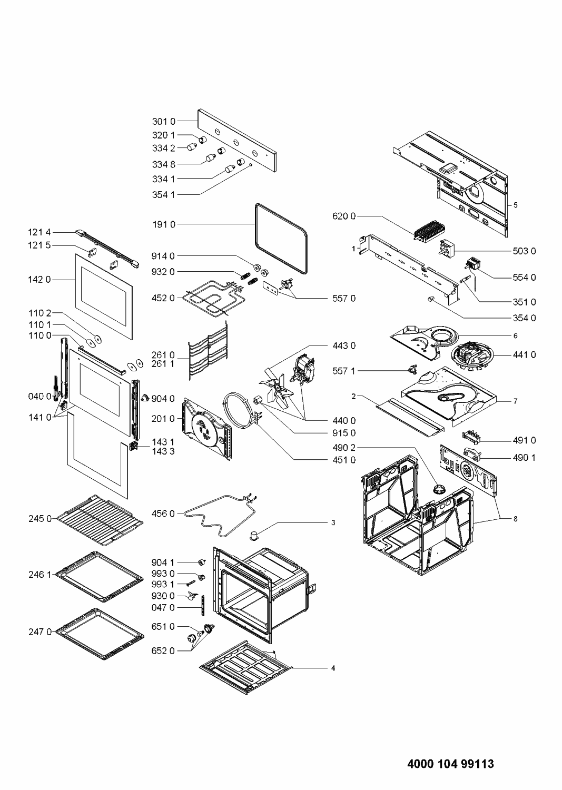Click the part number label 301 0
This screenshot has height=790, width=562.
[164, 122]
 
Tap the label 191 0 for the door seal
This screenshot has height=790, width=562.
[164, 224]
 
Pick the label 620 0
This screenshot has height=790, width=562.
[344, 216]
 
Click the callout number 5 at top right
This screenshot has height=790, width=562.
[516, 205]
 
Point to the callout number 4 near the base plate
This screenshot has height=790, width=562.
[332, 668]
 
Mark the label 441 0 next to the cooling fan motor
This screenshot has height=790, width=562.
[524, 355]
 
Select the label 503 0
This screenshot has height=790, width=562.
[524, 251]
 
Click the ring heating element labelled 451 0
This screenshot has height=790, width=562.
[239, 416]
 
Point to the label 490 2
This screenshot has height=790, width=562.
[344, 448]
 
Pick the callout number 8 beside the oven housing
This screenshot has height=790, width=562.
[516, 519]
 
